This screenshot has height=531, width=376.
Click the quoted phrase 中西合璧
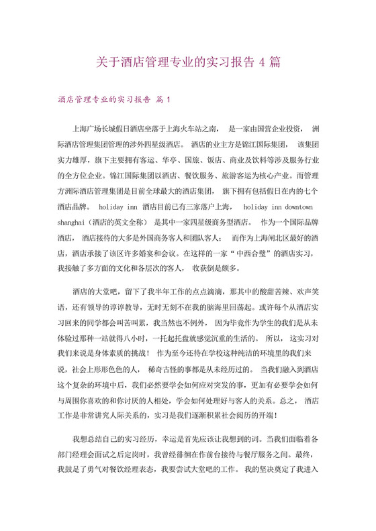tap(214, 254)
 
